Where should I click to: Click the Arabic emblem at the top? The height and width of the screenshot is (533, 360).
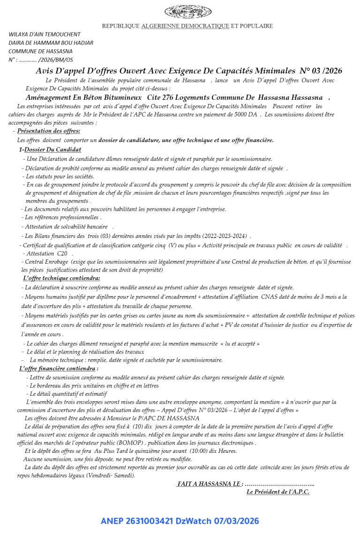coord(188,11)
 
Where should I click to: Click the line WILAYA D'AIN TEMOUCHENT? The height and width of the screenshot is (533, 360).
coord(45,34)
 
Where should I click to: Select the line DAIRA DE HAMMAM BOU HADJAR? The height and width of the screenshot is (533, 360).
coord(51,43)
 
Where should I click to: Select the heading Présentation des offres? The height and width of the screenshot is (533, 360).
coord(48,131)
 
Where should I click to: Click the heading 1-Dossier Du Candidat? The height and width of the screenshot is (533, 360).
coord(50,149)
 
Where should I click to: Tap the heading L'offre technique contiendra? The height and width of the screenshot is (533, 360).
coord(61,278)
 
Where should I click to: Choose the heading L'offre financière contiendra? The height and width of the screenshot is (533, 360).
coord(59,369)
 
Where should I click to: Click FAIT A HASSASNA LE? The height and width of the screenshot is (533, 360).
coord(210,483)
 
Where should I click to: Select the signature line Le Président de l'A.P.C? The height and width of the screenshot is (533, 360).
coord(277,492)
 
